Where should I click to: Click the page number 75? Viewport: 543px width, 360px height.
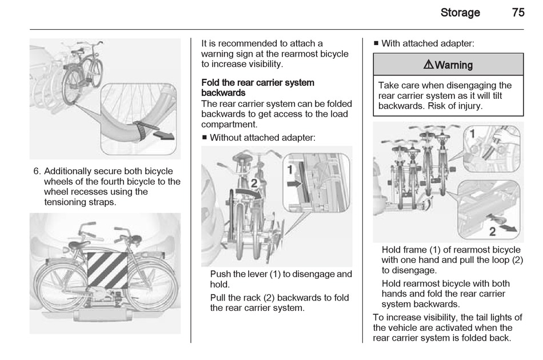[518, 13]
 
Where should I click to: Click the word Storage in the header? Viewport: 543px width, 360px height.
[460, 13]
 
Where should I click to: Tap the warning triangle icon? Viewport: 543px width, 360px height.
[429, 65]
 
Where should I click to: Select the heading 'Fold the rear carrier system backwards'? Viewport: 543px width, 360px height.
[257, 87]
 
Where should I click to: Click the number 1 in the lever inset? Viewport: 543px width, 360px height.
[290, 170]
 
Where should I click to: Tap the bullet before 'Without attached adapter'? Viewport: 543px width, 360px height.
[204, 138]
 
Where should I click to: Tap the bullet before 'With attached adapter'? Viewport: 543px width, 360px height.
[376, 43]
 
